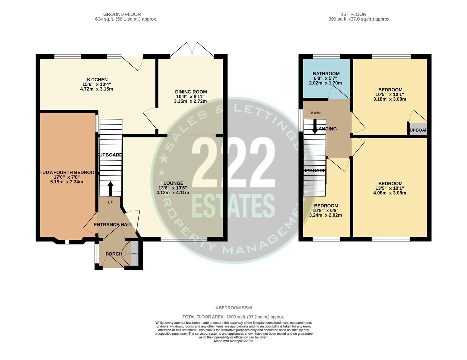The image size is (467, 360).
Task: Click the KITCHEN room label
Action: point(97,80)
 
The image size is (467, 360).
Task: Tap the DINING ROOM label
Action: point(191,92)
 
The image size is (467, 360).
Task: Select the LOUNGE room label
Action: point(173,183)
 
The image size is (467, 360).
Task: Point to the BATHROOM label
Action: point(326,74)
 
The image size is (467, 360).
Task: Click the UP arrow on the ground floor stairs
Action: point(110,188)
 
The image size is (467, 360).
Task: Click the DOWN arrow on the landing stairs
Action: point(315,126)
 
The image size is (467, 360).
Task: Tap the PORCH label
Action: point(114,254)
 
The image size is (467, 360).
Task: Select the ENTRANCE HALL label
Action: point(113,225)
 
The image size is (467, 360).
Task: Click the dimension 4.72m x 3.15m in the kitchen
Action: point(96,89)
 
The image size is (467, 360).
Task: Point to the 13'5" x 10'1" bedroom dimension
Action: point(390,188)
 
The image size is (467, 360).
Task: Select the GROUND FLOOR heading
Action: point(122,14)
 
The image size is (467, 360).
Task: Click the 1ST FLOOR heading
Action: point(353,14)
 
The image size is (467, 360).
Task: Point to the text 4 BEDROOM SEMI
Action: point(233,308)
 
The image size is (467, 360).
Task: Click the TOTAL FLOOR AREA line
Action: point(233,317)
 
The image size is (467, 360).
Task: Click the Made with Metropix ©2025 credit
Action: point(233,341)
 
